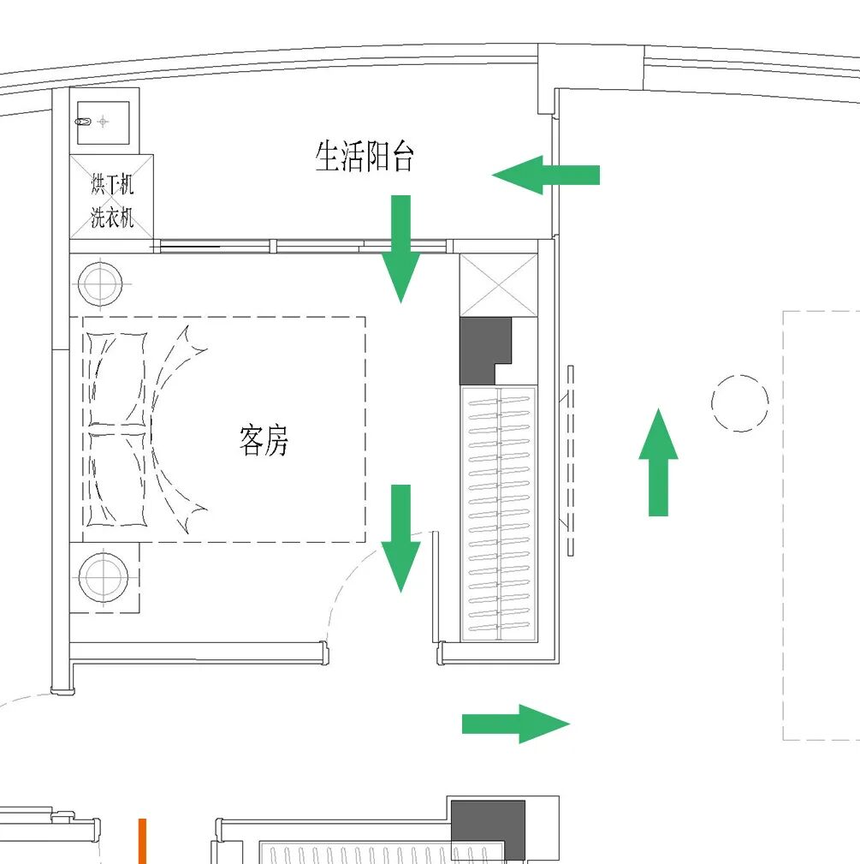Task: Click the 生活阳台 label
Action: pyautogui.click(x=365, y=157)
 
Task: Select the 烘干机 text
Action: pyautogui.click(x=112, y=185)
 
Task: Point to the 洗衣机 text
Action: pyautogui.click(x=112, y=217)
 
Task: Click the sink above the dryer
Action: pyautogui.click(x=103, y=122)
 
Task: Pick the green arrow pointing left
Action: pyautogui.click(x=545, y=175)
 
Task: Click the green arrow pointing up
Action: pyautogui.click(x=658, y=462)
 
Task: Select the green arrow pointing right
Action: pyautogui.click(x=515, y=724)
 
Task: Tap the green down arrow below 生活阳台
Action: pyautogui.click(x=400, y=248)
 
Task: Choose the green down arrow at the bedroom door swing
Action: pyautogui.click(x=400, y=538)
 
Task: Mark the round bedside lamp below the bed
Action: pyautogui.click(x=104, y=576)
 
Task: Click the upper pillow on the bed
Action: pyautogui.click(x=114, y=378)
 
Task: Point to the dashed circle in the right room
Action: pyautogui.click(x=740, y=402)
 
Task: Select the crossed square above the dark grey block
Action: pyautogui.click(x=499, y=285)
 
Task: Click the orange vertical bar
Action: pyautogui.click(x=142, y=841)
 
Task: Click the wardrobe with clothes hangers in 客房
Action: pyautogui.click(x=499, y=512)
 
